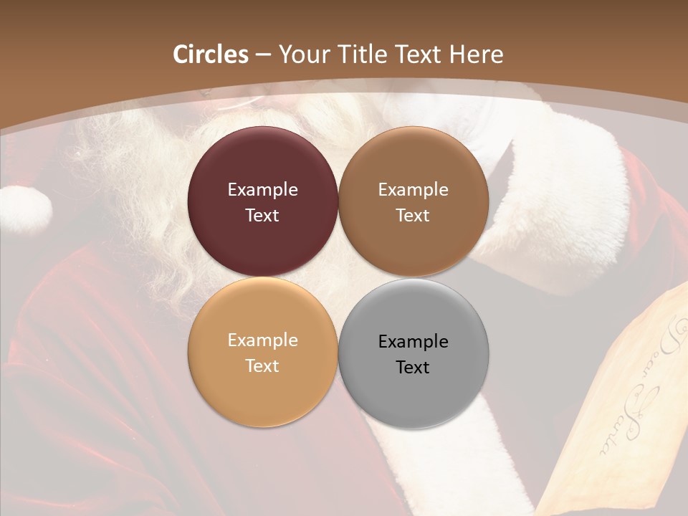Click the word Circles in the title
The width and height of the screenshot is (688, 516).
[x=210, y=54]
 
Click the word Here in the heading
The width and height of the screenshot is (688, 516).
[x=475, y=54]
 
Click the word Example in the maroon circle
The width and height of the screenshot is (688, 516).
[x=262, y=190]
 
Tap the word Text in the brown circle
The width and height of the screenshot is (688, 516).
[x=413, y=215]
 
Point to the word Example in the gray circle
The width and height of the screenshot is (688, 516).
[x=413, y=341]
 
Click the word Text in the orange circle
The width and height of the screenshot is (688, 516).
[x=262, y=365]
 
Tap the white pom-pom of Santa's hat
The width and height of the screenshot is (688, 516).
[x=25, y=209]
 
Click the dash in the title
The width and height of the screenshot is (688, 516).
[x=263, y=55]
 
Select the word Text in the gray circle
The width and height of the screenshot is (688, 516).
[x=413, y=367]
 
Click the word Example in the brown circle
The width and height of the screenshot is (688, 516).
[x=413, y=190]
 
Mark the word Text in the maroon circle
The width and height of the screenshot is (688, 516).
[x=262, y=215]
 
